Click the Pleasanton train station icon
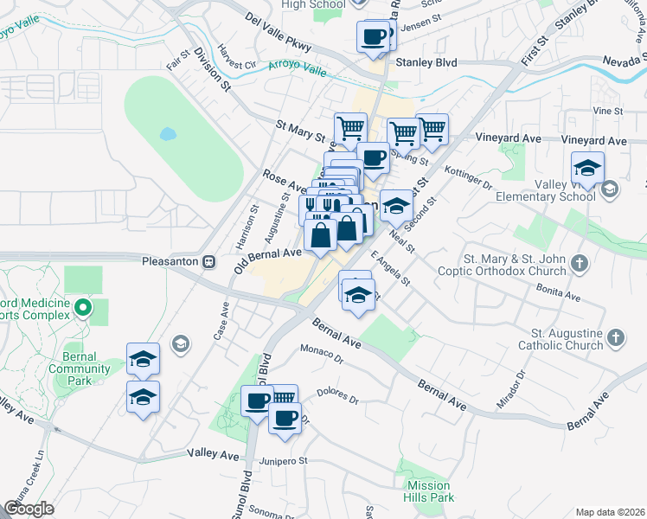click(208, 261)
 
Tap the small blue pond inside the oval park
click(167, 135)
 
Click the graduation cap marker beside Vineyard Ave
click(587, 168)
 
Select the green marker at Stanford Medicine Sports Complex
click(82, 307)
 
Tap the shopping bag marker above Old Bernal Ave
click(320, 235)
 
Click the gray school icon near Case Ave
click(180, 344)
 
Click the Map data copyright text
click(610, 512)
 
